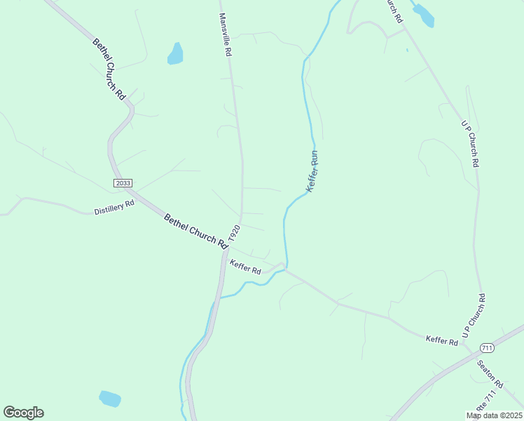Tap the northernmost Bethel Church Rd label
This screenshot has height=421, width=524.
[109, 67]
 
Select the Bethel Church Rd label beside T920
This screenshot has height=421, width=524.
[196, 231]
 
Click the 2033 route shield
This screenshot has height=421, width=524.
[123, 183]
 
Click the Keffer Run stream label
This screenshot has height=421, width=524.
[312, 172]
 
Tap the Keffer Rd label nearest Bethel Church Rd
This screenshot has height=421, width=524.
[245, 267]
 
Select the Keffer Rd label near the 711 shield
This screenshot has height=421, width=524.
[442, 341]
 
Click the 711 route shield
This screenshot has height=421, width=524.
[488, 348]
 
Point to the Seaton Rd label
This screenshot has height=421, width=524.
[490, 374]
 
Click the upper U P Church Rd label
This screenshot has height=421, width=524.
[470, 143]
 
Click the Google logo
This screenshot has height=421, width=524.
[23, 413]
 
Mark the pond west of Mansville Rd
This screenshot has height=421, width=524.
[175, 53]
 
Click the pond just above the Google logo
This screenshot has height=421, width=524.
[109, 399]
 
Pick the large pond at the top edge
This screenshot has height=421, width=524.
[423, 14]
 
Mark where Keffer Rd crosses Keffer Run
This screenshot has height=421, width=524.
[284, 267]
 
